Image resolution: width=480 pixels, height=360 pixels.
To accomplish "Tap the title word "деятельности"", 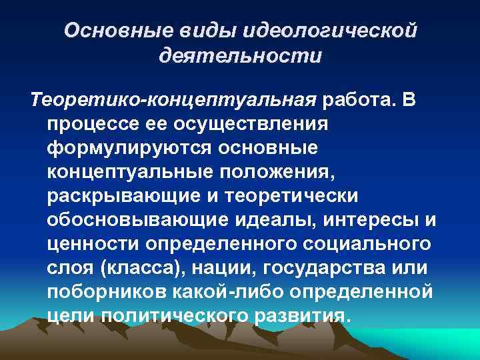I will coord(240,55).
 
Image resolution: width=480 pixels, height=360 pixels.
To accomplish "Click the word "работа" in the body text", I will coord(357,100).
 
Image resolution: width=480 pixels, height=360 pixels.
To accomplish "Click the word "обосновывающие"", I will coord(135,220).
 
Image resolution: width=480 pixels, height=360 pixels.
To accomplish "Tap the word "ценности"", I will coord(90,244).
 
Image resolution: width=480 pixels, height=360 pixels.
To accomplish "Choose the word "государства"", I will coord(339,268).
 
